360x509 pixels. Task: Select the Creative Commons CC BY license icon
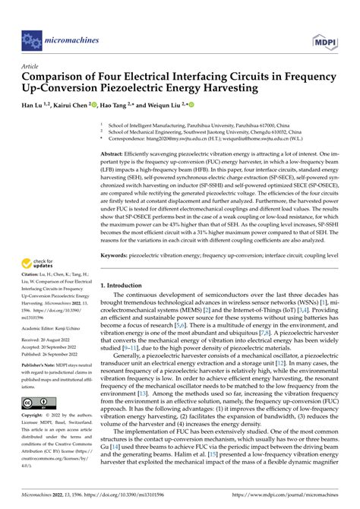tap(35, 402)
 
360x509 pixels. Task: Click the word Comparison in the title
tap(57, 77)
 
